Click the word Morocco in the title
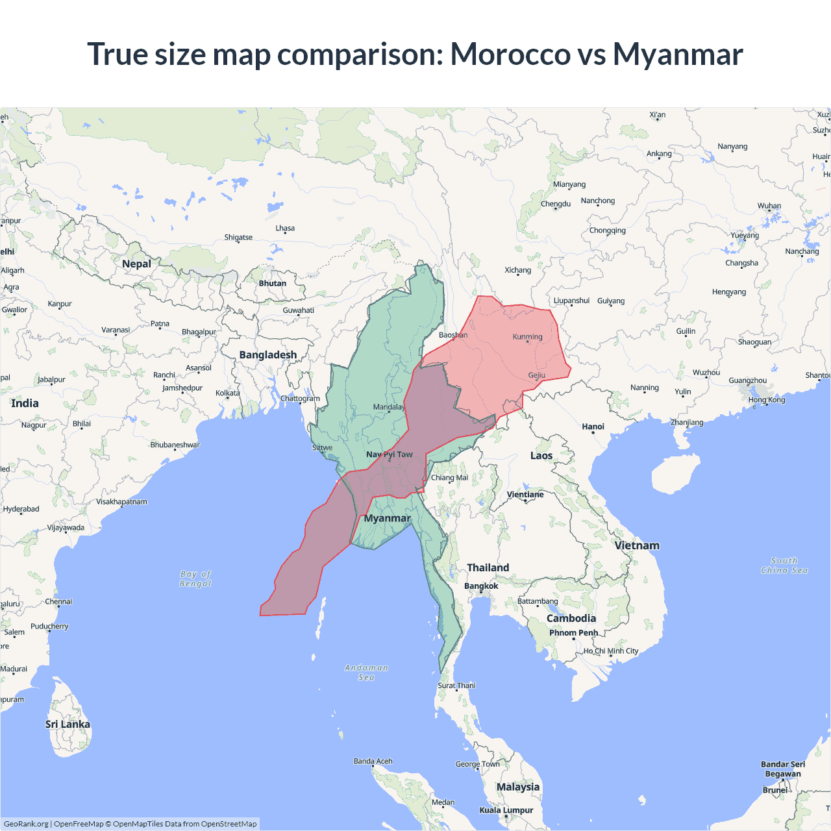(x=510, y=54)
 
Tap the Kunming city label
(x=527, y=336)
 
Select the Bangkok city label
(x=481, y=586)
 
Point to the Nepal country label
(x=136, y=264)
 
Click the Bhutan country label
(x=273, y=283)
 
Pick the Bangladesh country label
(x=267, y=354)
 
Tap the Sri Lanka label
(x=68, y=724)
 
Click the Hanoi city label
(x=593, y=427)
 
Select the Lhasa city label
(x=285, y=228)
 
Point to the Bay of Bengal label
(x=195, y=578)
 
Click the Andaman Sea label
(x=366, y=672)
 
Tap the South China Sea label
(x=784, y=565)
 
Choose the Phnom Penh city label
(x=573, y=632)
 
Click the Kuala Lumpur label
(x=506, y=810)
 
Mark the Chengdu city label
(x=556, y=203)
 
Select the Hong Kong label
(x=767, y=399)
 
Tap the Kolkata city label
(x=228, y=393)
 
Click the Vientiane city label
(x=525, y=494)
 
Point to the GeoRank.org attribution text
(x=26, y=824)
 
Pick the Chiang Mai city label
(x=449, y=477)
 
